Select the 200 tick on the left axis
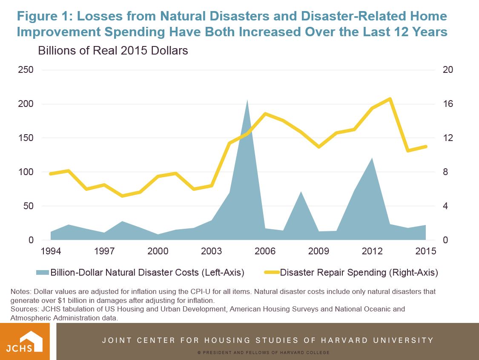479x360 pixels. click(x=26, y=104)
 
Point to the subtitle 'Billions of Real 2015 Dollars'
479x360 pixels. click(x=113, y=51)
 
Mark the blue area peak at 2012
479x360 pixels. click(x=372, y=158)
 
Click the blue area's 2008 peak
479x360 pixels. click(x=301, y=192)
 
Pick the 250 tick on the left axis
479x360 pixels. click(x=26, y=70)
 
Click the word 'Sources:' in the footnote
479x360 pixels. click(x=24, y=309)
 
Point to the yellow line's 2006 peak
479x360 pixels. click(x=265, y=114)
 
